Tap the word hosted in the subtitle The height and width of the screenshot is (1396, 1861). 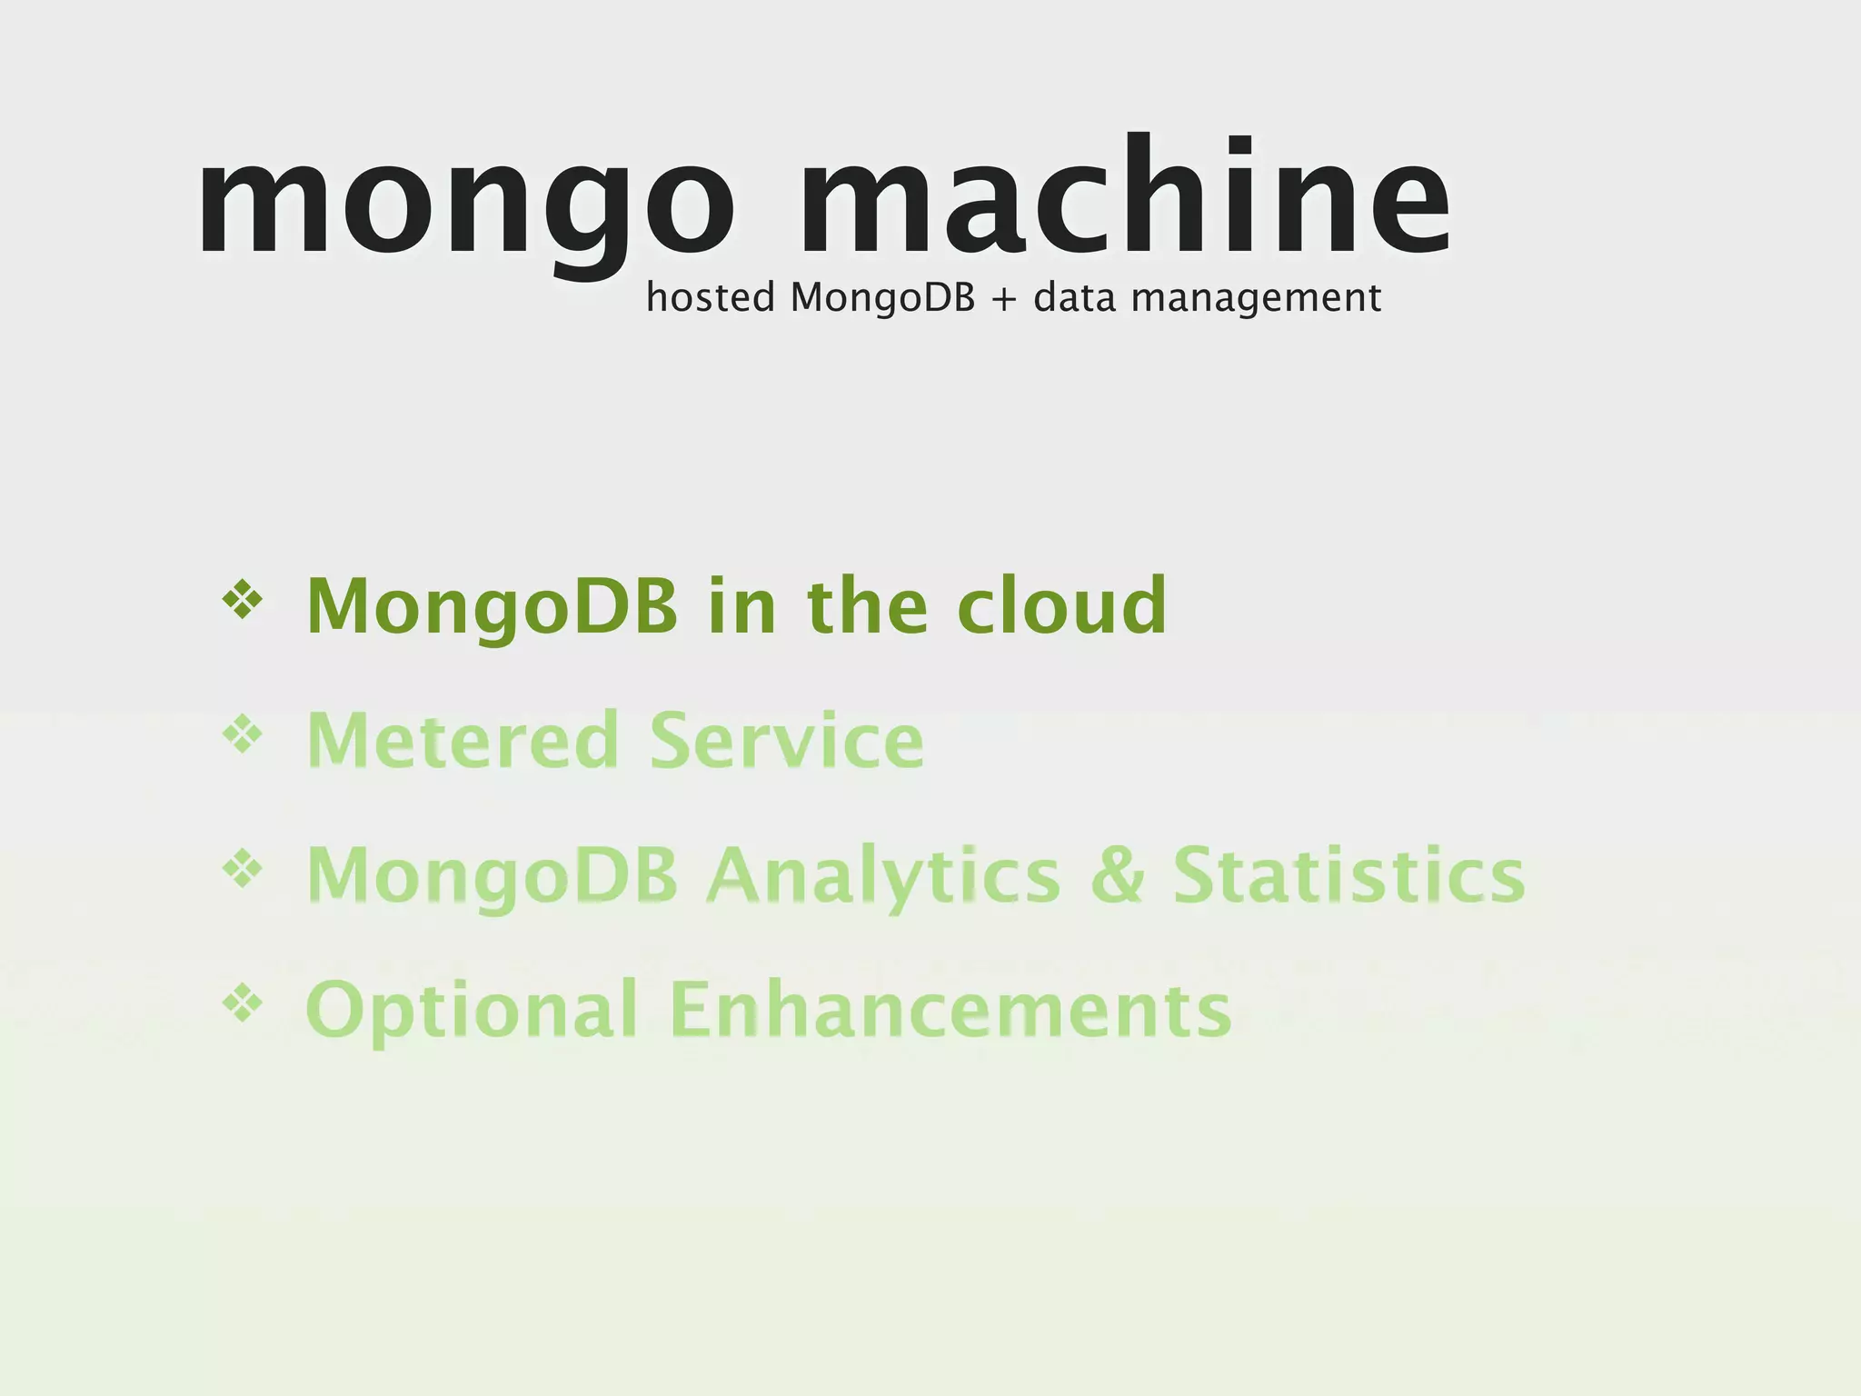pyautogui.click(x=710, y=297)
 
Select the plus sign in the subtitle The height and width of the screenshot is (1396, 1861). pyautogui.click(x=1003, y=299)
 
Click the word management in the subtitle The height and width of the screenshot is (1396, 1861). pyautogui.click(x=1256, y=299)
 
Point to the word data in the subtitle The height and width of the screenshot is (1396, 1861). pyautogui.click(x=1074, y=297)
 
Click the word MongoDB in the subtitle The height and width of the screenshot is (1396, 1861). pyautogui.click(x=882, y=299)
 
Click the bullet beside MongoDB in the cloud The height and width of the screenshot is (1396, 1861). pyautogui.click(x=243, y=600)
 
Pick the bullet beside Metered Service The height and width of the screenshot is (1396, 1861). pyautogui.click(x=243, y=734)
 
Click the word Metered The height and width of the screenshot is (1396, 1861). pyautogui.click(x=463, y=740)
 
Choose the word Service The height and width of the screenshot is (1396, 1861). pyautogui.click(x=787, y=740)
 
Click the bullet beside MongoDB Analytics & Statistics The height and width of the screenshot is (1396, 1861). pyautogui.click(x=243, y=869)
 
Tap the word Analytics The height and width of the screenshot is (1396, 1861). pyautogui.click(x=884, y=876)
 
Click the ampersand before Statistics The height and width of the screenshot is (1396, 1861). pyautogui.click(x=1117, y=874)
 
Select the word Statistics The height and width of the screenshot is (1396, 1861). pyautogui.click(x=1348, y=874)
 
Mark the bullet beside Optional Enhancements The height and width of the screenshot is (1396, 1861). pyautogui.click(x=243, y=1003)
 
